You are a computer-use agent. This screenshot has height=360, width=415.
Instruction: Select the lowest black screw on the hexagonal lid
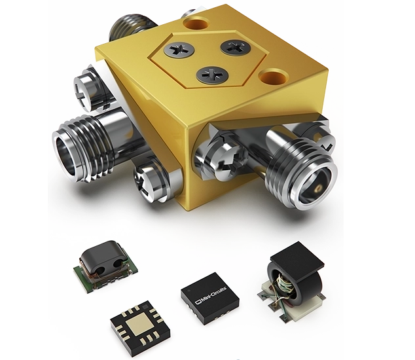click(212, 75)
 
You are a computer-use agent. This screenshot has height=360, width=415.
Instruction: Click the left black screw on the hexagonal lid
click(179, 50)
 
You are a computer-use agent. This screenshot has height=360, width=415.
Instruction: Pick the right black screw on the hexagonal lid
click(235, 47)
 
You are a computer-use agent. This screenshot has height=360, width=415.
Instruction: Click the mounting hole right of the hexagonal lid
click(274, 77)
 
